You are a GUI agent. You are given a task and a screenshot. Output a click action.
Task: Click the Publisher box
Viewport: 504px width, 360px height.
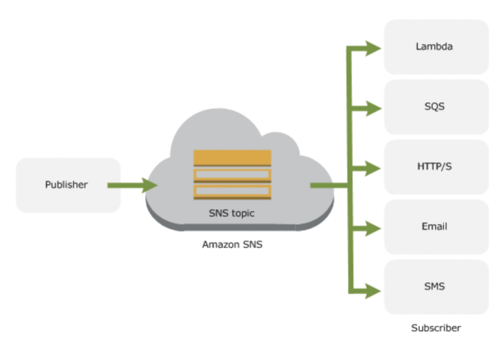click(68, 185)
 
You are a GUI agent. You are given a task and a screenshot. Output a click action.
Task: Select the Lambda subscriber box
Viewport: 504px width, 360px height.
click(436, 47)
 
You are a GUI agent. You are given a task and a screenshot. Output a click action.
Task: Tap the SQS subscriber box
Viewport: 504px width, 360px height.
click(436, 107)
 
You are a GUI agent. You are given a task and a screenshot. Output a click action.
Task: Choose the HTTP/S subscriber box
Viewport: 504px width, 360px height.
click(436, 167)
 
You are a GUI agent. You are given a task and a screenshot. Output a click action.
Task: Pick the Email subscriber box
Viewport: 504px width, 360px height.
click(436, 227)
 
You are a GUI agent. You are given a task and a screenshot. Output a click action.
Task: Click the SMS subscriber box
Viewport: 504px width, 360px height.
click(436, 287)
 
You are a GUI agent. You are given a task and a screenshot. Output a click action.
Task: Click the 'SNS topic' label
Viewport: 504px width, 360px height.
click(232, 213)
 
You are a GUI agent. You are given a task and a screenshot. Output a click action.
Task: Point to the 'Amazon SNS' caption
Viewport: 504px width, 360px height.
click(232, 244)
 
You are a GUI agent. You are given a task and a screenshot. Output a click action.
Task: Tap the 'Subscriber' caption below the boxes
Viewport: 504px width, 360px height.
click(436, 328)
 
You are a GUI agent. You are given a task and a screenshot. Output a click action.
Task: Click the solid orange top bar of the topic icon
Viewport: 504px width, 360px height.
click(232, 157)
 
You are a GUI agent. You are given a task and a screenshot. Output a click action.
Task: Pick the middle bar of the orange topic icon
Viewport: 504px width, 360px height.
click(232, 175)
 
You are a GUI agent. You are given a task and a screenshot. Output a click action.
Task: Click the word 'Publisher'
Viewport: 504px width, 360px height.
click(66, 185)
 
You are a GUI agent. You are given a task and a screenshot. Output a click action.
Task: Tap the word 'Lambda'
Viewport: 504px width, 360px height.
click(434, 47)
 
